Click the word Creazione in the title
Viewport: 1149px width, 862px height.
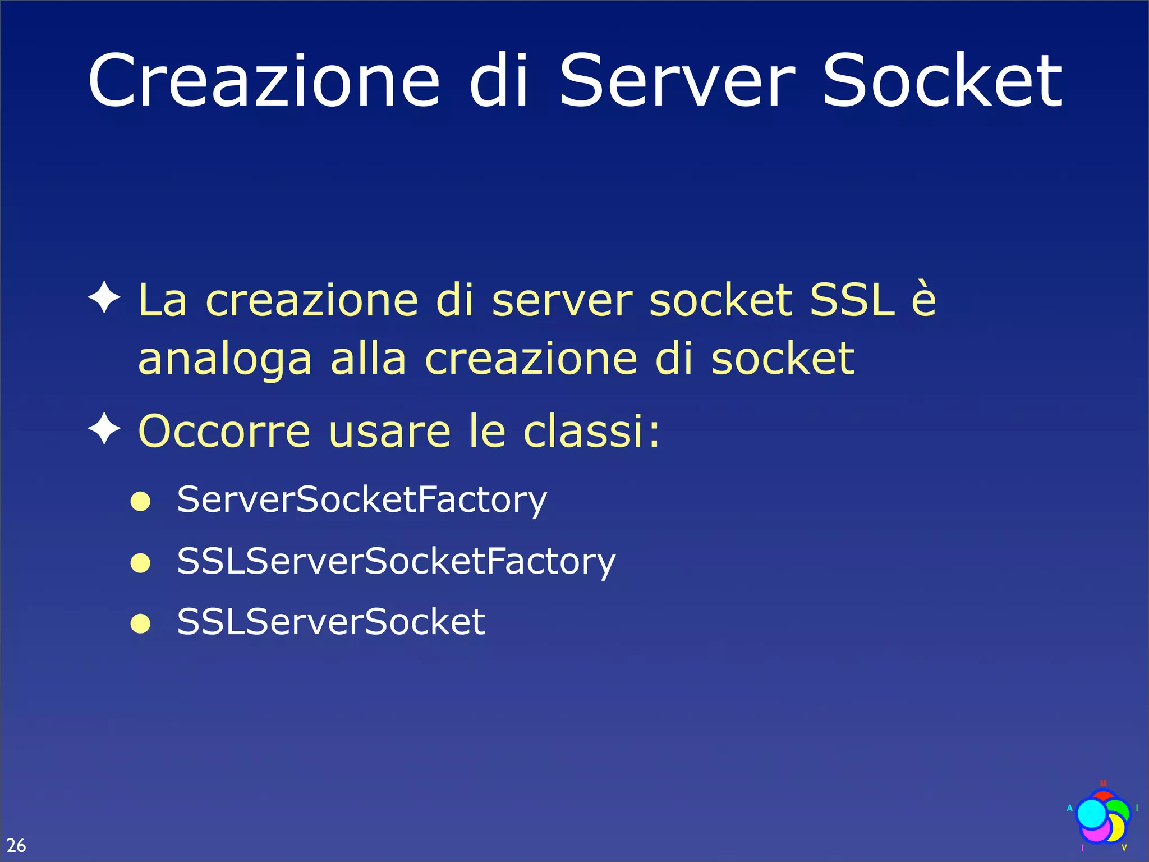pyautogui.click(x=264, y=81)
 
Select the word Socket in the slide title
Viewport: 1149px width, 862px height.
pyautogui.click(x=942, y=81)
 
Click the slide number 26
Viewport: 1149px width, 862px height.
pyautogui.click(x=16, y=845)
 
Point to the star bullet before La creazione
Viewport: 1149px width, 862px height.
pyautogui.click(x=104, y=297)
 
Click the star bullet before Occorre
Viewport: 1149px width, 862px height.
pyautogui.click(x=104, y=430)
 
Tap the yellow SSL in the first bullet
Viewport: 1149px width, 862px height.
pyautogui.click(x=852, y=300)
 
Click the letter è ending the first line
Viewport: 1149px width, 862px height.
pyautogui.click(x=923, y=300)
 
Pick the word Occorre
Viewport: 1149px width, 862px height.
pyautogui.click(x=224, y=431)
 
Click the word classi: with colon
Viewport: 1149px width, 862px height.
pyautogui.click(x=592, y=431)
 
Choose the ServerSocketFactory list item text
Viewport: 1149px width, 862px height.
pyautogui.click(x=362, y=499)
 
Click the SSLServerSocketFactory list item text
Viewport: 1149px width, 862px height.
pyautogui.click(x=396, y=561)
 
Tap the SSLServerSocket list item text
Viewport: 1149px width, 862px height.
pyautogui.click(x=331, y=622)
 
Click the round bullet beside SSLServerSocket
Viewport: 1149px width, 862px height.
pyautogui.click(x=140, y=623)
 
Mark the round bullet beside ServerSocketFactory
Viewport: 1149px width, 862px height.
pyautogui.click(x=140, y=501)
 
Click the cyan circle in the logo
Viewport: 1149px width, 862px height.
pyautogui.click(x=1091, y=813)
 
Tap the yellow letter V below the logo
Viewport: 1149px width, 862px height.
pyautogui.click(x=1124, y=847)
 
